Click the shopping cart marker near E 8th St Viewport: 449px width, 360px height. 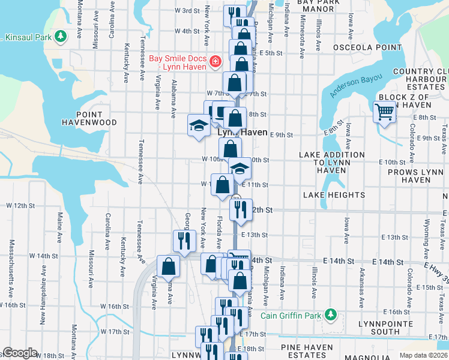(384, 111)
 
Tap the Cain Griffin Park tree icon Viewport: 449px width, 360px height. (330, 314)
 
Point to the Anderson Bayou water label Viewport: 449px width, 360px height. (358, 83)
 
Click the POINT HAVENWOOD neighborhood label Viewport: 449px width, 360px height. (89, 118)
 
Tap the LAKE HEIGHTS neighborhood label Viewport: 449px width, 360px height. (334, 195)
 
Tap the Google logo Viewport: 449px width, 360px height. (19, 353)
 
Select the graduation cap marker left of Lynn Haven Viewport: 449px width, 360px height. (198, 125)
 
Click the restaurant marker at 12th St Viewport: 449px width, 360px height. (240, 209)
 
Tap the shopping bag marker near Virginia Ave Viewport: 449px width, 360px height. (168, 266)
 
